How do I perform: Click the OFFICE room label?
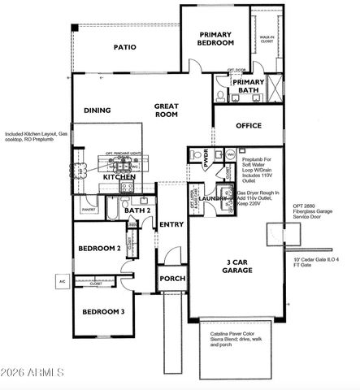coord(248,126)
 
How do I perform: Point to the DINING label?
coord(98,110)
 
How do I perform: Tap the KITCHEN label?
coord(119,175)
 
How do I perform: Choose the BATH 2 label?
coord(137,210)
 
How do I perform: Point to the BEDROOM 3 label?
coord(102,312)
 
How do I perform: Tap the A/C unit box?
coord(61,281)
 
